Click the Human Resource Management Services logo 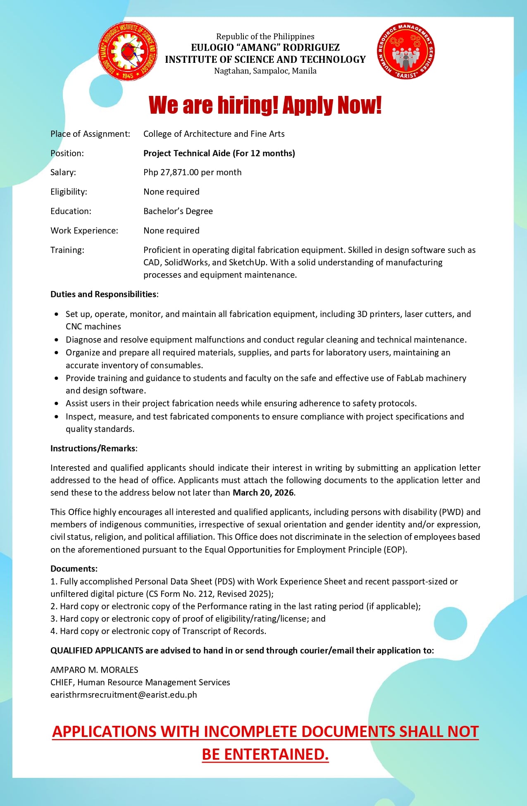405,51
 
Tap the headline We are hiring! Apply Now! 265,105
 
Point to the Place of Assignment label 90,134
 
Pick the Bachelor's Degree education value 178,211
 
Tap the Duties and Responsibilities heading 104,294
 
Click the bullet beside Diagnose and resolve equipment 57,340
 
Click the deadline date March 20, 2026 263,493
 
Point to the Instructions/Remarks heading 93,448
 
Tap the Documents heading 73,569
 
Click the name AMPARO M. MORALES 94,670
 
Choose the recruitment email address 124,695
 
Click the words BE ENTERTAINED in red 265,754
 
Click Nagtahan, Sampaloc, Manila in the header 265,71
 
